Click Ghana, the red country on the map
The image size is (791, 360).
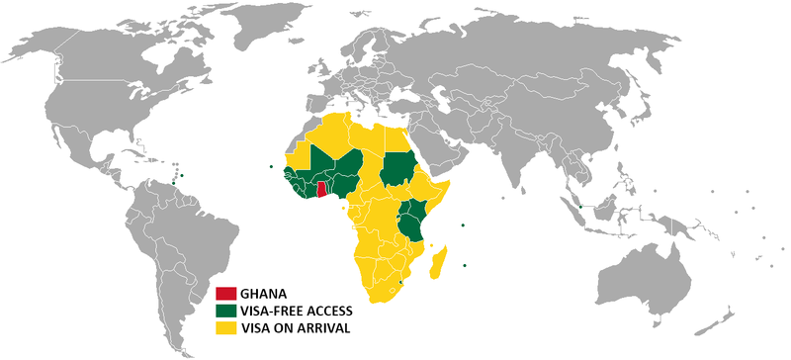[x=321, y=189]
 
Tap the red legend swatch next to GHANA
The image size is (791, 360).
[x=227, y=294]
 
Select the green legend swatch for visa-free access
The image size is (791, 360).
[x=227, y=310]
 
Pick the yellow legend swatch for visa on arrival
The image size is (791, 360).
[x=227, y=326]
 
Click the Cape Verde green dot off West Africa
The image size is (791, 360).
[x=271, y=165]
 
